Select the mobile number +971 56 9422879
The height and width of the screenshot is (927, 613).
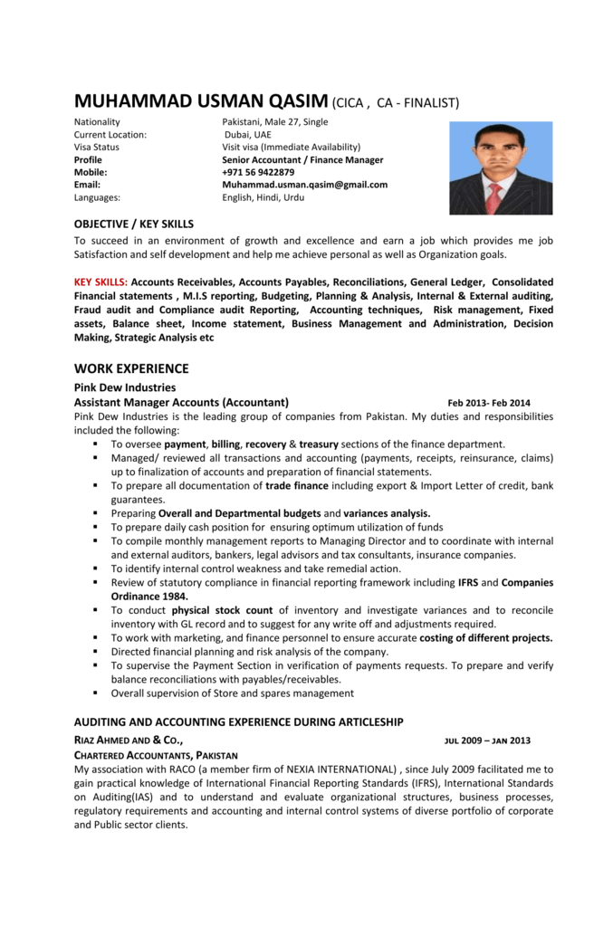click(258, 172)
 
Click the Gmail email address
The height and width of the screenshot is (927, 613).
click(304, 185)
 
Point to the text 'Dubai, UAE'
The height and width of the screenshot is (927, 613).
click(247, 134)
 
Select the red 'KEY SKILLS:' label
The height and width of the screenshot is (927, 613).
click(101, 282)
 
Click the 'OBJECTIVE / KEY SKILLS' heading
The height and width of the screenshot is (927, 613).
click(133, 224)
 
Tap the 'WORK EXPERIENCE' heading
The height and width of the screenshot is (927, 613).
click(131, 368)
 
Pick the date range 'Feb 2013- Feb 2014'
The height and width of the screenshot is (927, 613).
click(489, 403)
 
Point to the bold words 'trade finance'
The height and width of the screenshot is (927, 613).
click(297, 485)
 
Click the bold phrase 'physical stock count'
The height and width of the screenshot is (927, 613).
click(221, 610)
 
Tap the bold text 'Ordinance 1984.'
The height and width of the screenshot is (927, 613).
click(149, 597)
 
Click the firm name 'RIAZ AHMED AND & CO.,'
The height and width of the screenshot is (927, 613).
click(128, 740)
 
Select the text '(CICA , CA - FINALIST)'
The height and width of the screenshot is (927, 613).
click(397, 102)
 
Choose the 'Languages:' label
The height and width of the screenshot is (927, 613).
click(97, 197)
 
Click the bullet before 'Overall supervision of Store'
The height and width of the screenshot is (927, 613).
click(95, 693)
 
